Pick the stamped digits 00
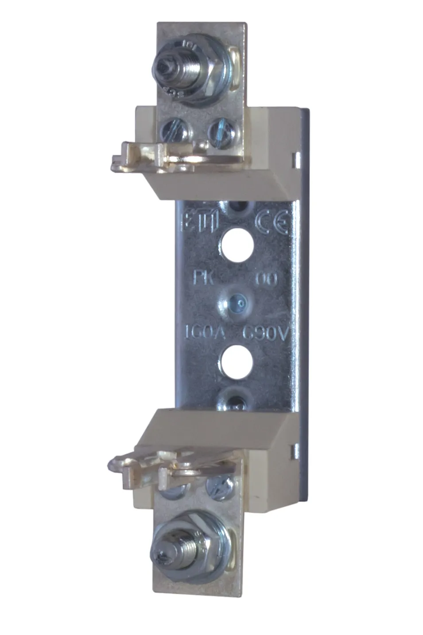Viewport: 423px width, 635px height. (x=267, y=279)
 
